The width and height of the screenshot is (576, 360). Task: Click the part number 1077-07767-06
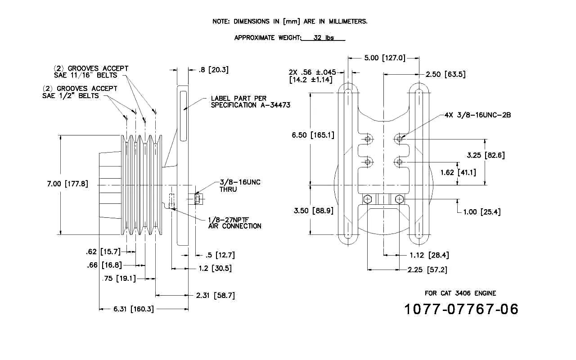461,309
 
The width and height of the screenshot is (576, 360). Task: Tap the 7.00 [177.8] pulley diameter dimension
67,184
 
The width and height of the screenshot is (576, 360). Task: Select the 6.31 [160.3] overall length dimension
134,309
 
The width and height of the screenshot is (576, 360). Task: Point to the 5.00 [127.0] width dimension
385,58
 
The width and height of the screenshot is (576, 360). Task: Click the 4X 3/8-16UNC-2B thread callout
478,115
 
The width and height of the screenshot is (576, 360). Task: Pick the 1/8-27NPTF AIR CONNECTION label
234,223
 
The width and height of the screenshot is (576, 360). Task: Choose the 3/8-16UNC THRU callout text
240,186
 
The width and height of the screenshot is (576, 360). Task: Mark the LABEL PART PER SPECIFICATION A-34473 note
251,102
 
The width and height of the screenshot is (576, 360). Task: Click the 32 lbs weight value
324,38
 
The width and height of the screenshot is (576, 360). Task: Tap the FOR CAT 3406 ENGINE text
460,293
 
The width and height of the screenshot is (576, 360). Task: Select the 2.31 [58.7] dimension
216,296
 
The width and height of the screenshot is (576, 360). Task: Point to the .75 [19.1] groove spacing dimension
119,279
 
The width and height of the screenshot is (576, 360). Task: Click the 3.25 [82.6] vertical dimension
486,155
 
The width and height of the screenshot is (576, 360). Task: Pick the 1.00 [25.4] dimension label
482,212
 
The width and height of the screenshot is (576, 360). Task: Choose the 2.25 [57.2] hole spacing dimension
427,270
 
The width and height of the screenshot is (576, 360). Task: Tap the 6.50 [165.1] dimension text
313,135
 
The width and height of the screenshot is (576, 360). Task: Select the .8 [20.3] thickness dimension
213,70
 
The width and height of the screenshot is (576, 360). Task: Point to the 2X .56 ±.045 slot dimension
312,72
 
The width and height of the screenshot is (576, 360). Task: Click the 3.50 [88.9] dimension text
314,211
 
